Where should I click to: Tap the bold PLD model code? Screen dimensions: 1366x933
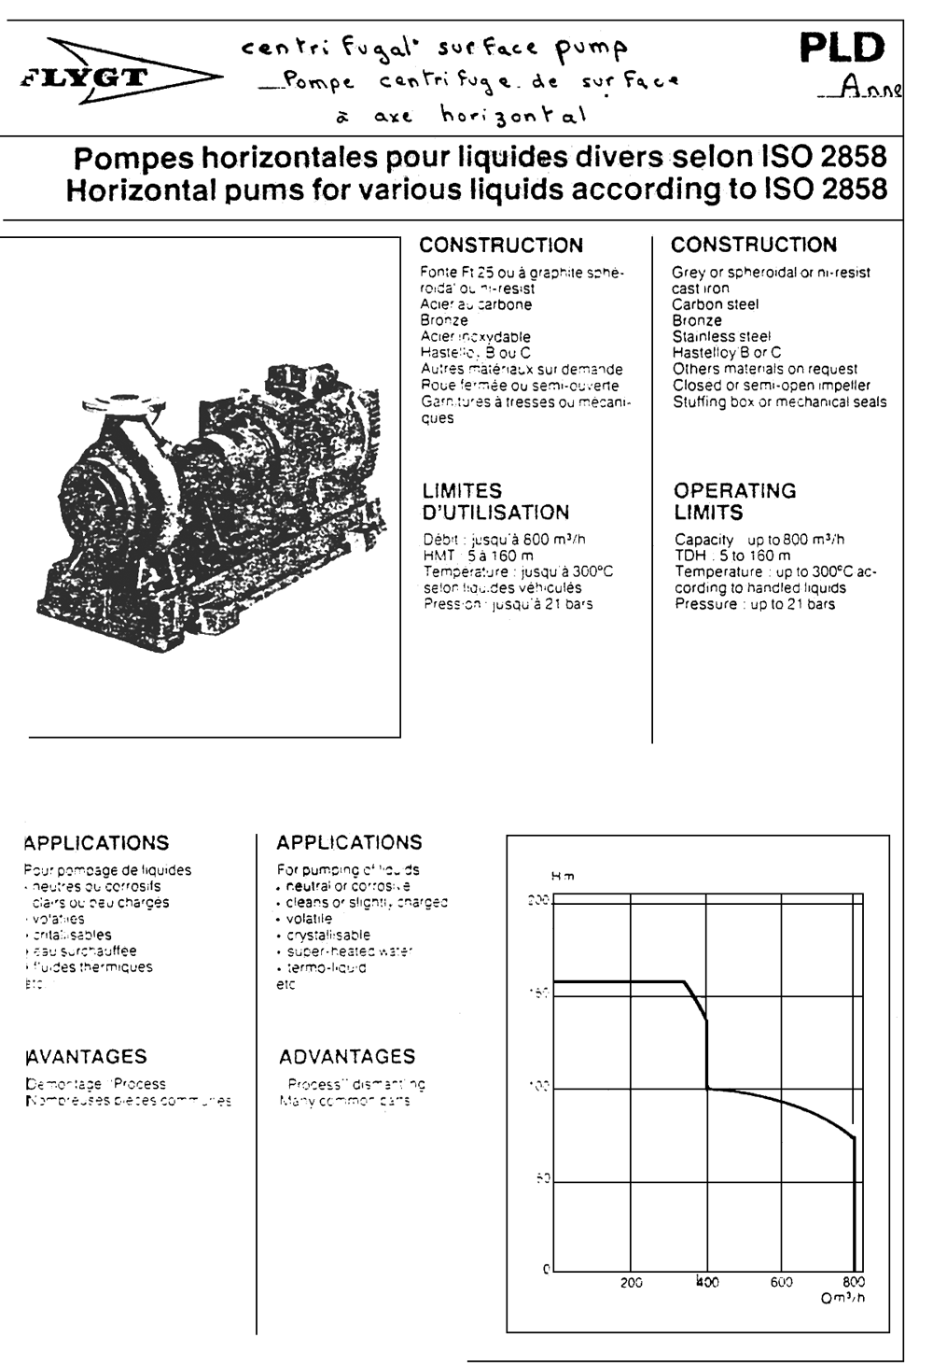(842, 49)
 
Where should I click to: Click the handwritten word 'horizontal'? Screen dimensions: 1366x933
(514, 116)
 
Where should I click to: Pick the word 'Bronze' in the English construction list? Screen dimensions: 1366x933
(697, 320)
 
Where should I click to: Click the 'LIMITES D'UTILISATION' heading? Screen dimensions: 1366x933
(495, 501)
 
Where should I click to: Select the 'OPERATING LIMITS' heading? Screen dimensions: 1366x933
(734, 501)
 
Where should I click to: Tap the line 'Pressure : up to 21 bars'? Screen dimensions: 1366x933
(755, 604)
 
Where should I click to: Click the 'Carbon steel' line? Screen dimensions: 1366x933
(716, 304)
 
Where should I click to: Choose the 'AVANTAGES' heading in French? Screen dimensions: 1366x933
(86, 1056)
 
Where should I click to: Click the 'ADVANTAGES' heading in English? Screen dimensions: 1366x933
(347, 1056)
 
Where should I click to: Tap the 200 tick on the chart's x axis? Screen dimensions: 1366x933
(632, 1283)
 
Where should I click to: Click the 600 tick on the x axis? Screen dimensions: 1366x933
(782, 1283)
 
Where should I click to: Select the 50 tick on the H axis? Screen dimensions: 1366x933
(542, 1179)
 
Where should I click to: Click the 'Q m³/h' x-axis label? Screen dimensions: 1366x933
(842, 1299)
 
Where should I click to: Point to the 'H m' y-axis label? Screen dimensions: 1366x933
(563, 876)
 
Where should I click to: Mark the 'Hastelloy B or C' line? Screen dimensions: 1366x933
(727, 353)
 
